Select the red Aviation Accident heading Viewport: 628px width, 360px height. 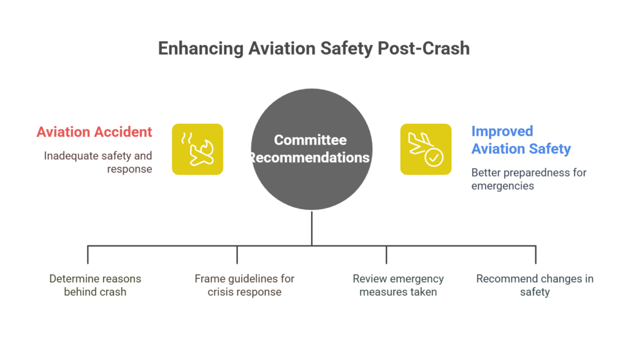click(94, 132)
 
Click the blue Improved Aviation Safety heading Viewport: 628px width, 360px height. click(521, 140)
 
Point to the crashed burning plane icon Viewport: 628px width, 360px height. click(197, 149)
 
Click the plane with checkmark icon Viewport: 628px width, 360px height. click(426, 149)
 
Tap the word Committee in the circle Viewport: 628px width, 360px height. click(310, 140)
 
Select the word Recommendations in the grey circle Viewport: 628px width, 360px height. click(310, 158)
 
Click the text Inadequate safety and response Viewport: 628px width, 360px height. click(98, 162)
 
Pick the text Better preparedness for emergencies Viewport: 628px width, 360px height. click(529, 178)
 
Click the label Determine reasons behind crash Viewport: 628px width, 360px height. click(95, 285)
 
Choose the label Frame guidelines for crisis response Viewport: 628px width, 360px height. click(244, 285)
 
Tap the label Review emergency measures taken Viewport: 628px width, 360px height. click(398, 285)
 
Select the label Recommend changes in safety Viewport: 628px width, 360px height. click(535, 285)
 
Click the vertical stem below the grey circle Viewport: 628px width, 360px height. click(312, 228)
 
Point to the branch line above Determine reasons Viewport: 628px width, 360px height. click(88, 255)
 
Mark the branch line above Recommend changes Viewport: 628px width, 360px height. click(535, 255)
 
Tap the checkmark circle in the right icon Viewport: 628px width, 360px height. click(434, 158)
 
